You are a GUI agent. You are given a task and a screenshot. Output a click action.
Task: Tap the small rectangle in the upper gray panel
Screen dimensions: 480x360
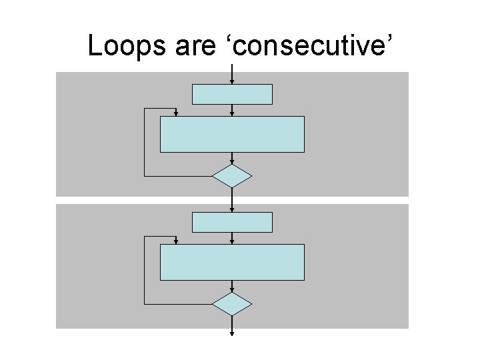[232, 94]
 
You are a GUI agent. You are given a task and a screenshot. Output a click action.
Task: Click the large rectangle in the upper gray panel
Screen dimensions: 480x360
[232, 135]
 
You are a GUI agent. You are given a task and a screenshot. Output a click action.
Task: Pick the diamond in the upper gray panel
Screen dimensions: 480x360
[232, 176]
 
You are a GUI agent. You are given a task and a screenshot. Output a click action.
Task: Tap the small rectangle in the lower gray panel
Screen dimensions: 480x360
[232, 222]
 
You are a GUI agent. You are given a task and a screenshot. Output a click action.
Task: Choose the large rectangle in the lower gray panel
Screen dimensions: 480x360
[232, 262]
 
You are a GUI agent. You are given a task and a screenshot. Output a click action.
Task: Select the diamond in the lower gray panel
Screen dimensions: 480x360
[232, 303]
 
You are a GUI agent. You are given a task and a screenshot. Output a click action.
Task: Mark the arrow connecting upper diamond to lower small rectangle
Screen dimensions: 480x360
[232, 199]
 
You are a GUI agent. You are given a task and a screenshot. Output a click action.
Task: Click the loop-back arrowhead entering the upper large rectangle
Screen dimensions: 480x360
[175, 113]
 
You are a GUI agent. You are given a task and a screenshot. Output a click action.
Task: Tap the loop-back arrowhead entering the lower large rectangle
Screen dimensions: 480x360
[175, 240]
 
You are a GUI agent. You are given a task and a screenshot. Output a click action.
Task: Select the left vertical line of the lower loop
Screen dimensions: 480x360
[145, 269]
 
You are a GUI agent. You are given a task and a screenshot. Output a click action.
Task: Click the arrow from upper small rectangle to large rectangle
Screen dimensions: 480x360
[232, 111]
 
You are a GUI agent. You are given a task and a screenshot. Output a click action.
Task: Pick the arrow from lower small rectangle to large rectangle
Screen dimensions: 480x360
[232, 238]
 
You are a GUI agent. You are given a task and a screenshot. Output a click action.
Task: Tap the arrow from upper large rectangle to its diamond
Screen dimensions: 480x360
[232, 159]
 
